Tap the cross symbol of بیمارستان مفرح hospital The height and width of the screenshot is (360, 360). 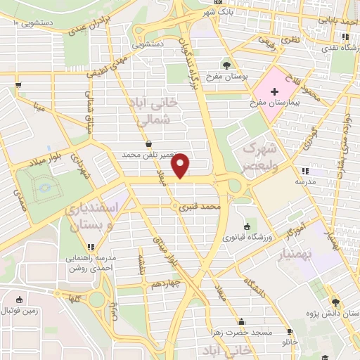coord(267,91)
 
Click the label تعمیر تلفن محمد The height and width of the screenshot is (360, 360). coord(147,154)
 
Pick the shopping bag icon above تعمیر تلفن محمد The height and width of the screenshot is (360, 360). coord(148,143)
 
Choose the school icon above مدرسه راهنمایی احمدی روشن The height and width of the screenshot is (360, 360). coord(90,247)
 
